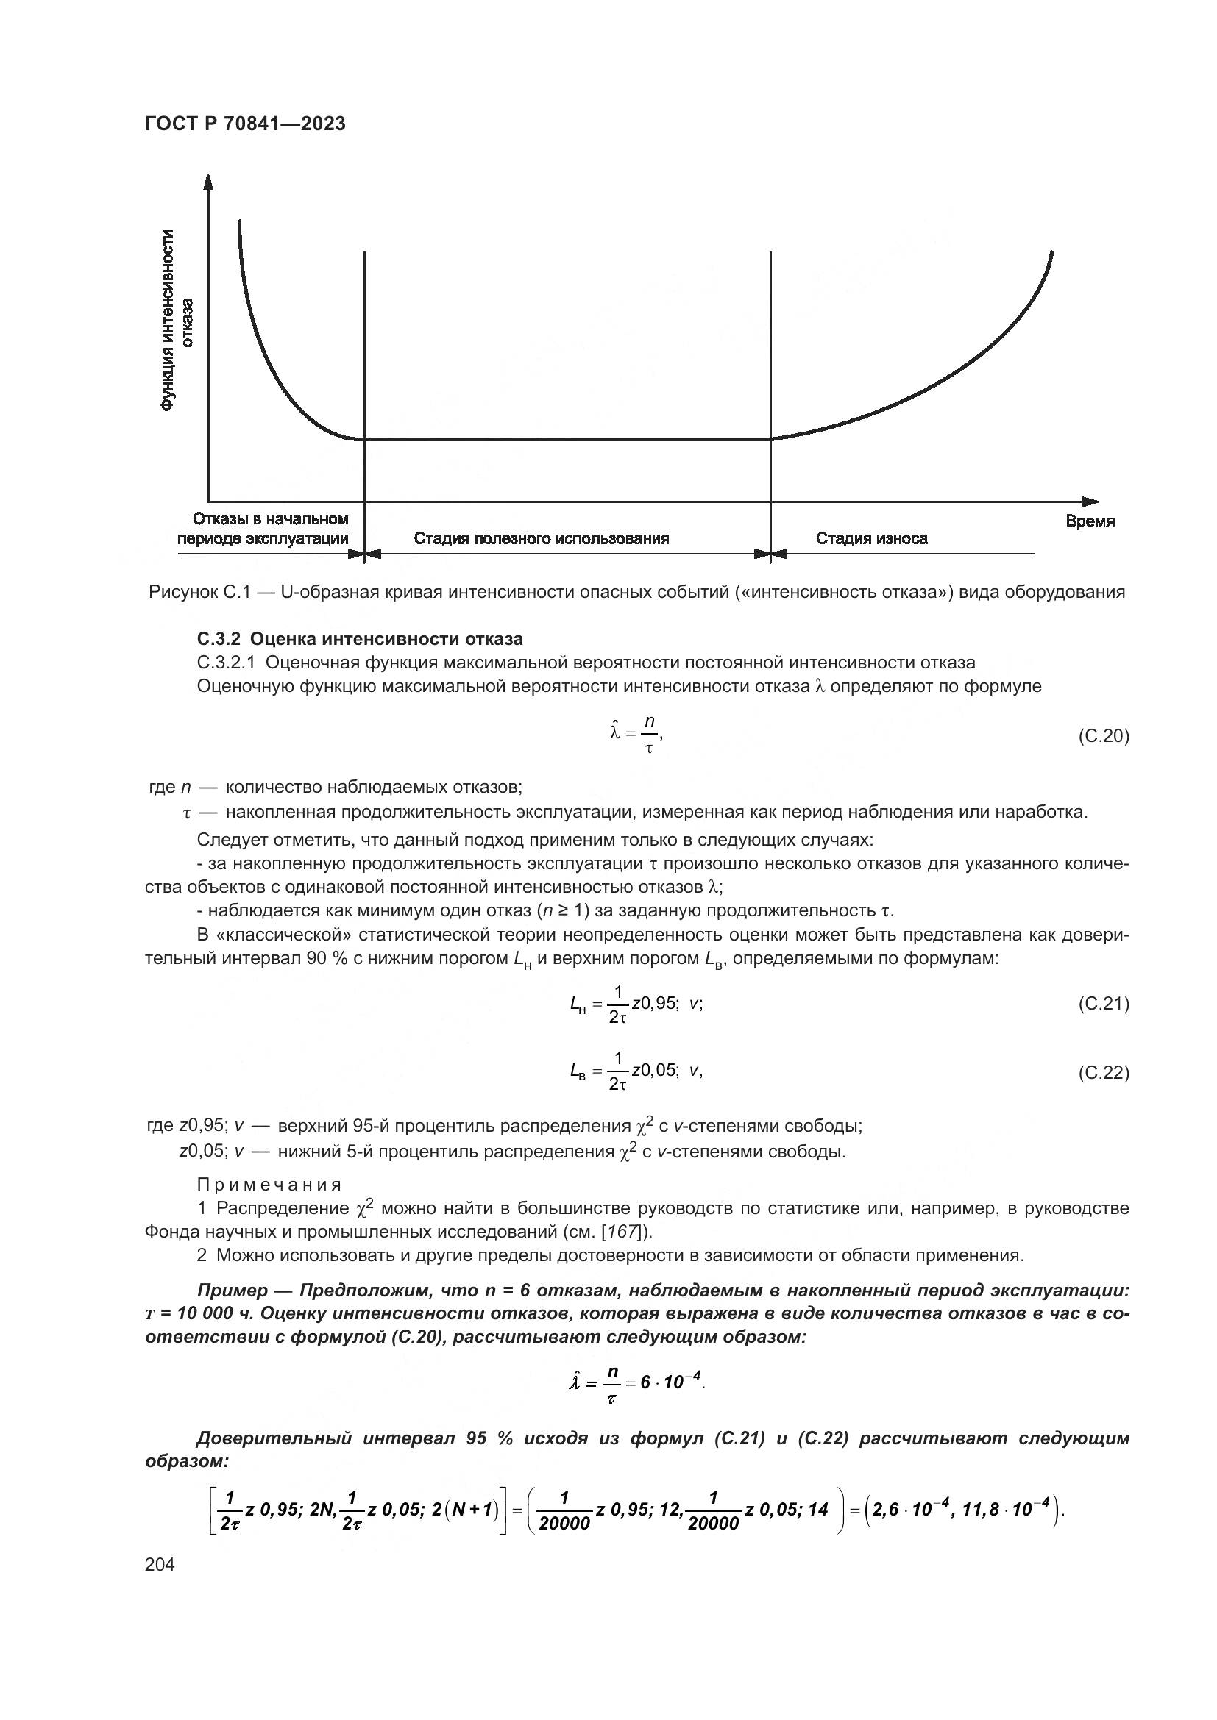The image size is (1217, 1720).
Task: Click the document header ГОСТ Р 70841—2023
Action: pyautogui.click(x=245, y=124)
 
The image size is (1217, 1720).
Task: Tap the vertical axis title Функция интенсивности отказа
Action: pyautogui.click(x=177, y=320)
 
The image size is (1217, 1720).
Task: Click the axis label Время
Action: pyautogui.click(x=1090, y=521)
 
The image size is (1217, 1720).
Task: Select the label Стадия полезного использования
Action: pyautogui.click(x=541, y=538)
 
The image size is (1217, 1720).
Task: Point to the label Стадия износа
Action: pyautogui.click(x=870, y=538)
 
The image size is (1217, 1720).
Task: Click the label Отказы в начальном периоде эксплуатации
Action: pyautogui.click(x=263, y=529)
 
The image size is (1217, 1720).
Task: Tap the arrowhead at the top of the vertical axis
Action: pyautogui.click(x=208, y=182)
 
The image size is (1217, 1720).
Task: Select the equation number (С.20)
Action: pyautogui.click(x=1103, y=736)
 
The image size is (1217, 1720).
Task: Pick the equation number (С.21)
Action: pyautogui.click(x=1103, y=1004)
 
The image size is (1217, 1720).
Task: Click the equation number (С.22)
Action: pyautogui.click(x=1103, y=1073)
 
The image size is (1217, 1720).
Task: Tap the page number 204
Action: pyautogui.click(x=160, y=1564)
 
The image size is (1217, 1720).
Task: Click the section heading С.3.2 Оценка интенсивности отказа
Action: pyautogui.click(x=360, y=639)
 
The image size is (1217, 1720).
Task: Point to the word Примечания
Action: pyautogui.click(x=269, y=1185)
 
